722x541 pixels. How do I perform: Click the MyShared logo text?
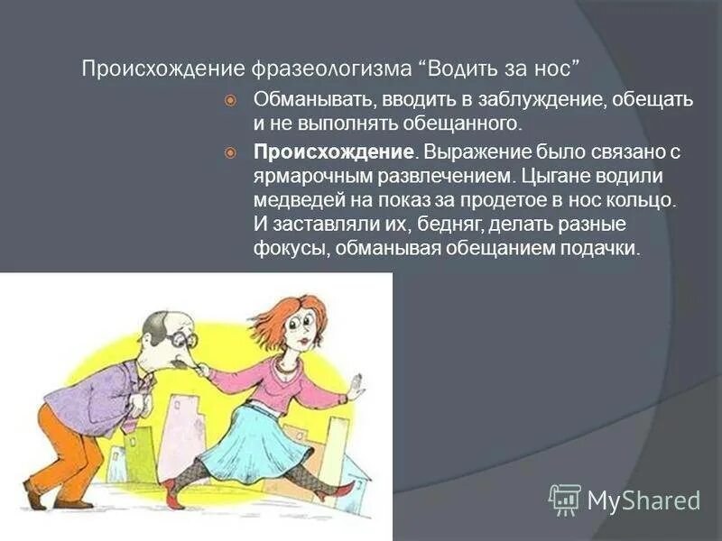tap(643, 500)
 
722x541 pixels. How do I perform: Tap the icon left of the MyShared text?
tap(565, 500)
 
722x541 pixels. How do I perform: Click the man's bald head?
tap(156, 322)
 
